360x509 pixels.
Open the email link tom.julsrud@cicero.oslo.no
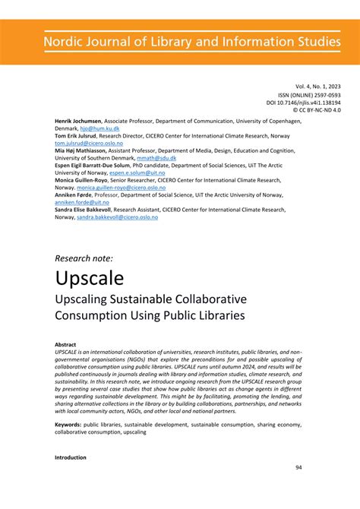[88, 144]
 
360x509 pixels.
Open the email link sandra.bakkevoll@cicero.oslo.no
[117, 217]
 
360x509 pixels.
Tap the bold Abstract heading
[66, 344]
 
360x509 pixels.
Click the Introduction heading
[71, 458]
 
